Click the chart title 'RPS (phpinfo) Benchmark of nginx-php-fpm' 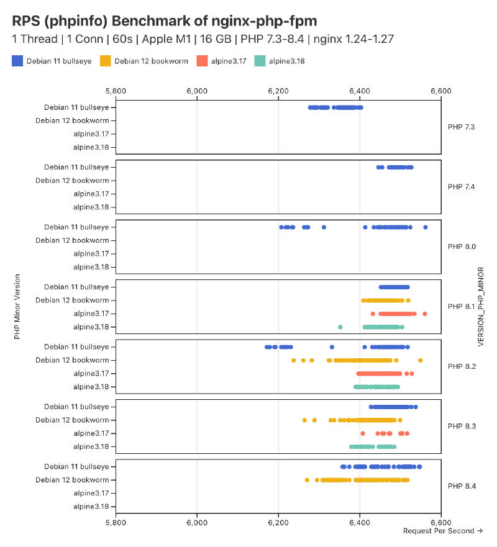(x=165, y=21)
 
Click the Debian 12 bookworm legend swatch (x=105, y=61)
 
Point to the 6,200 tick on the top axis (x=278, y=91)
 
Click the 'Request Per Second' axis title (x=442, y=531)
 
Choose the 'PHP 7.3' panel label (x=461, y=127)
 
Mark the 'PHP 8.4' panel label (x=461, y=486)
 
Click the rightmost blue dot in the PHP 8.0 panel (x=426, y=227)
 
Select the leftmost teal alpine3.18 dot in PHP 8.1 (x=340, y=327)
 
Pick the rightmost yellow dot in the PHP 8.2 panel (x=421, y=360)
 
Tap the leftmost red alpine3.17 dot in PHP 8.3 (x=363, y=433)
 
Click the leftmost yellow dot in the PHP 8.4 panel (x=307, y=480)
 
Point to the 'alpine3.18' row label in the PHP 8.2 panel (x=91, y=387)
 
